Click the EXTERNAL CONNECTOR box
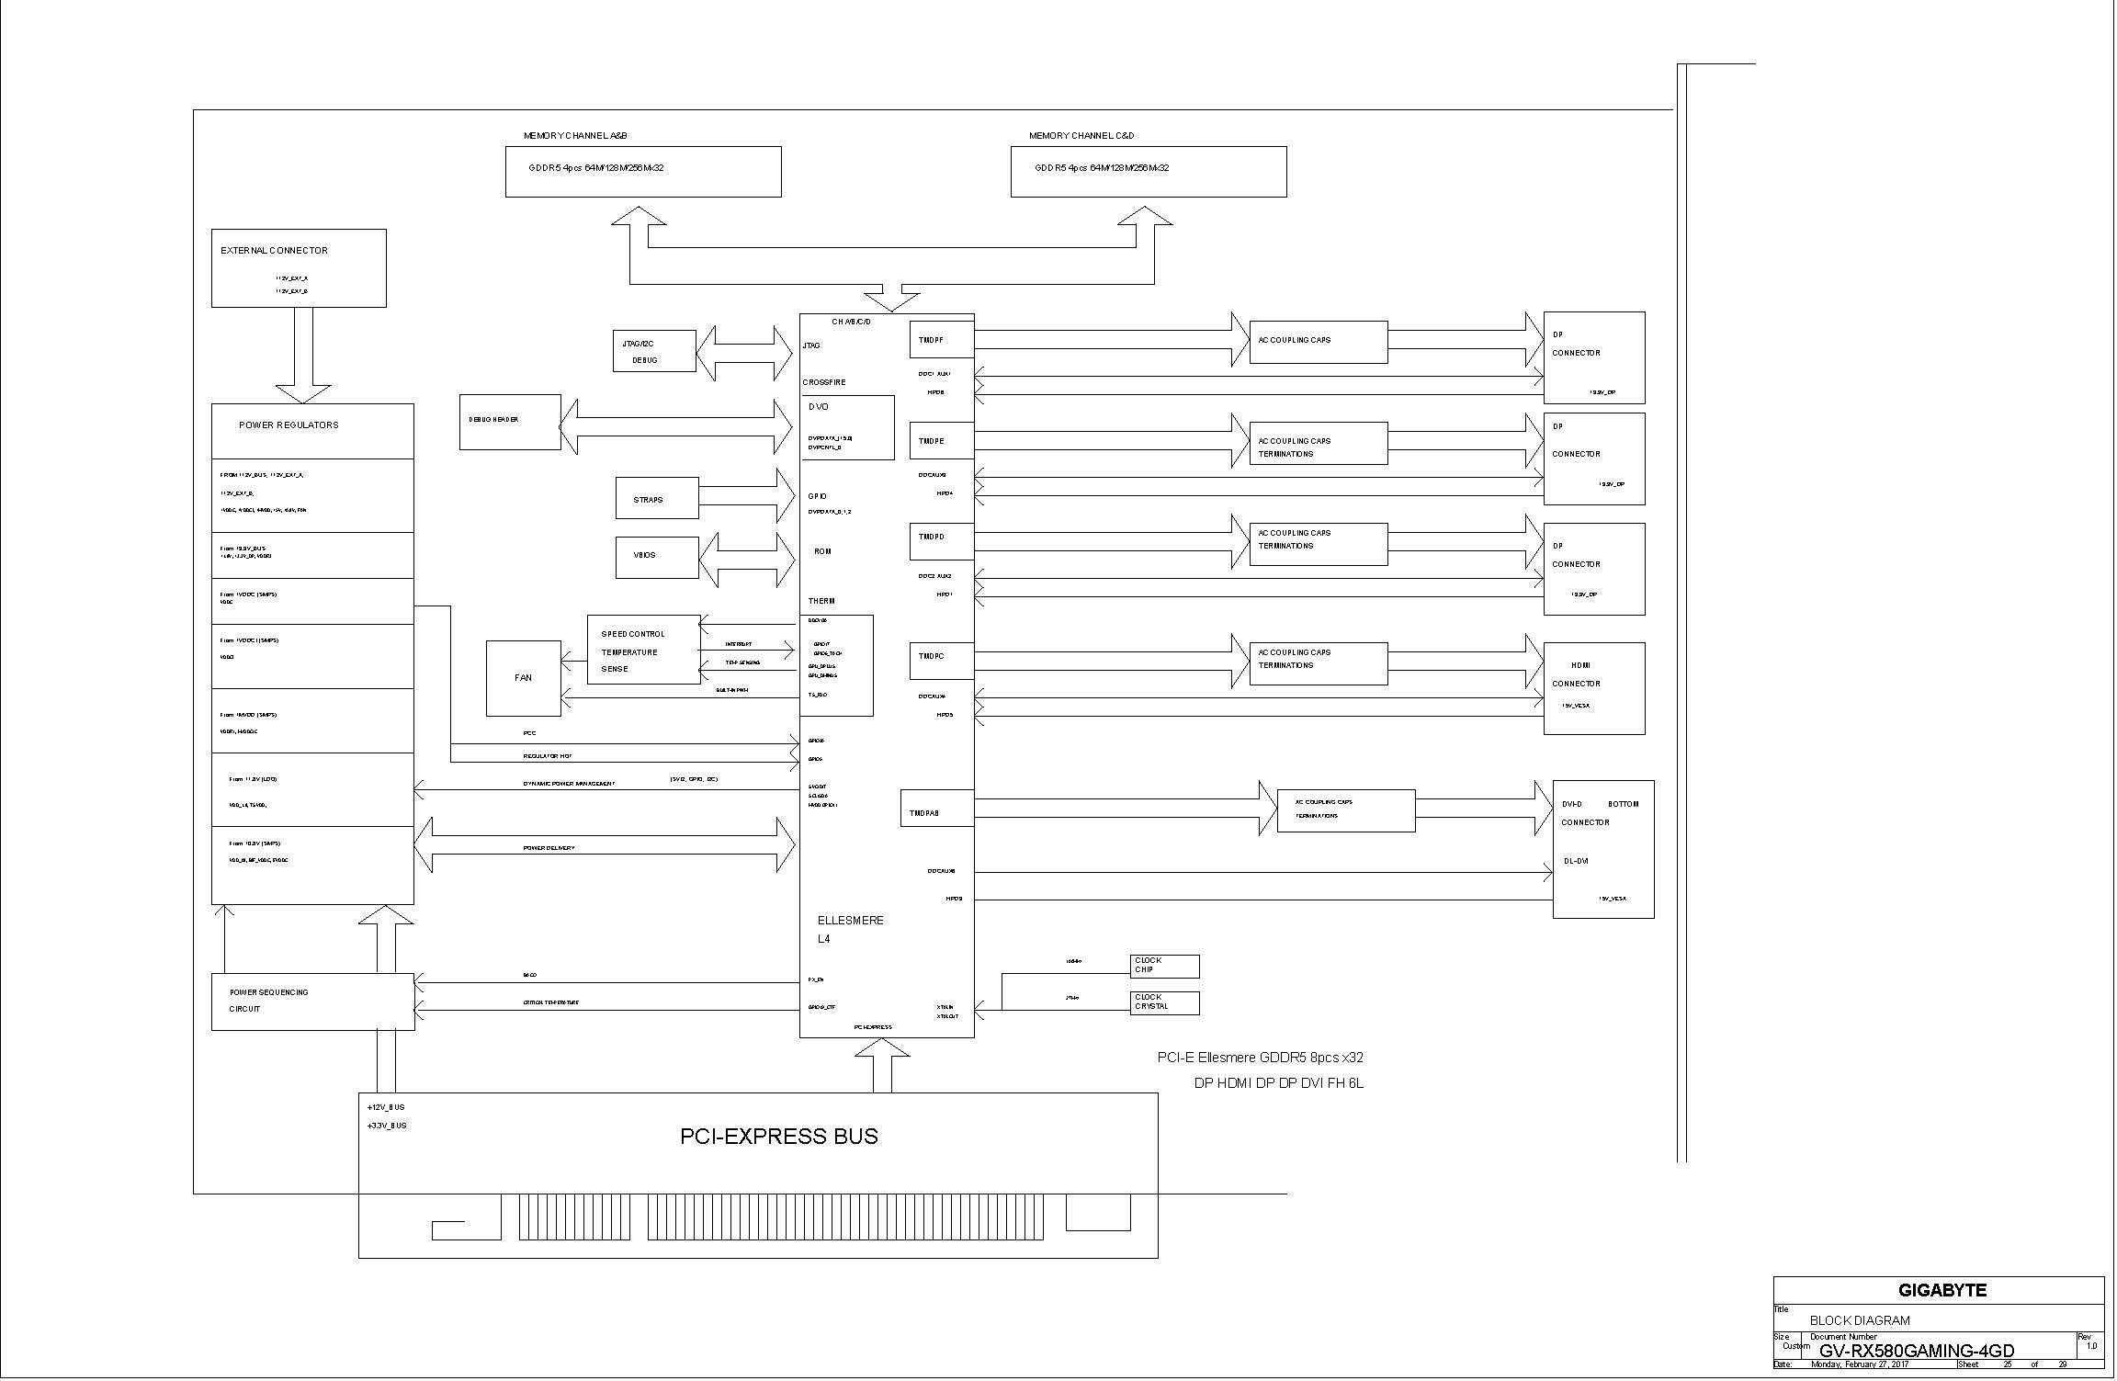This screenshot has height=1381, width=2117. click(x=299, y=267)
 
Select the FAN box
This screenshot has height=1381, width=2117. click(x=523, y=678)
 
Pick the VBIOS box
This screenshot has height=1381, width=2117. click(x=656, y=557)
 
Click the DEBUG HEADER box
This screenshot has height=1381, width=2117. click(x=510, y=422)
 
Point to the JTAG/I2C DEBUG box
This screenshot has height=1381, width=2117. click(x=653, y=351)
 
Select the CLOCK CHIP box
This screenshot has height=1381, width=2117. click(x=1164, y=966)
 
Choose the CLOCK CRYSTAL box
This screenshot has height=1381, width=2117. click(x=1164, y=1002)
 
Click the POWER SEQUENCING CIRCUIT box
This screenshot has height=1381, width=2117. click(x=312, y=1002)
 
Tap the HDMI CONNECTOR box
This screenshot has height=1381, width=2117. click(x=1593, y=687)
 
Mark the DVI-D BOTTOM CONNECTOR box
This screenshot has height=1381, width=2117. click(x=1602, y=848)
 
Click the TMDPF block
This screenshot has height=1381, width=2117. click(x=941, y=340)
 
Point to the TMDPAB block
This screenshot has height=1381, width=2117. click(x=936, y=808)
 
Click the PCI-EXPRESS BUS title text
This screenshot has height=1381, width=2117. click(x=778, y=1137)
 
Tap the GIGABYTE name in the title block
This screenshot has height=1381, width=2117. click(x=1942, y=1290)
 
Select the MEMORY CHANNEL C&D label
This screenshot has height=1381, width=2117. click(x=1081, y=136)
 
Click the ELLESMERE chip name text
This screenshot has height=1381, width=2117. click(x=850, y=921)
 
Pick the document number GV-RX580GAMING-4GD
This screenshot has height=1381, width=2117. click(x=1916, y=1351)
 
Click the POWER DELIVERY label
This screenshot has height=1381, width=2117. click(x=549, y=848)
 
